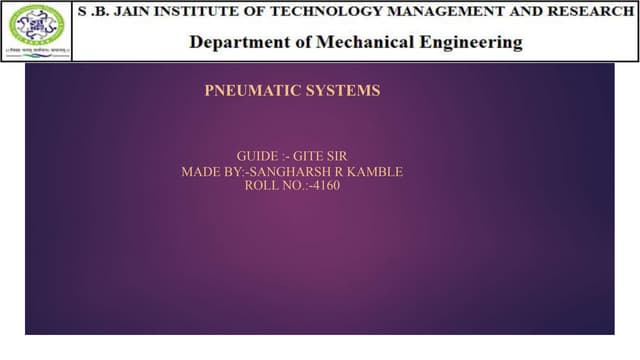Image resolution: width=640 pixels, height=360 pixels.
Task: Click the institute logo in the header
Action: pyautogui.click(x=36, y=30)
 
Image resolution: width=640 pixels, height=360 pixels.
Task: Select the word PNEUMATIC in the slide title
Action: pyautogui.click(x=246, y=91)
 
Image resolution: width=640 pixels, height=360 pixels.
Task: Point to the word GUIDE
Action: pyautogui.click(x=258, y=157)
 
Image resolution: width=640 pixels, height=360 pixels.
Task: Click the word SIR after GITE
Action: pyautogui.click(x=342, y=157)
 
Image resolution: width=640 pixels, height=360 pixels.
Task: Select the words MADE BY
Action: pyautogui.click(x=213, y=172)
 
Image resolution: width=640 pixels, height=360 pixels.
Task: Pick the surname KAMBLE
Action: pyautogui.click(x=378, y=172)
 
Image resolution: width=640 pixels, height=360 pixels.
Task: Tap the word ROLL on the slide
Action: pyautogui.click(x=262, y=186)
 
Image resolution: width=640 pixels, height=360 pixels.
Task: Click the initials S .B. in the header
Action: pyautogui.click(x=92, y=12)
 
